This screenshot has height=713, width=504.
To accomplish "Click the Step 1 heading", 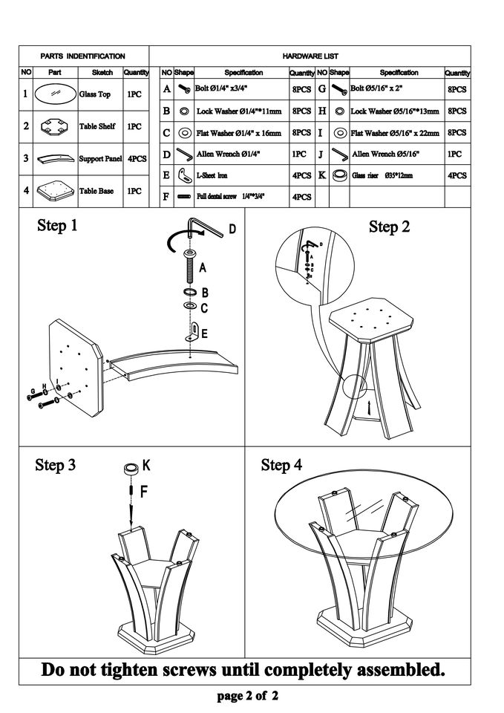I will [x=57, y=226].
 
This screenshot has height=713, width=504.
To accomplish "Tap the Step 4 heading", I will [x=281, y=466].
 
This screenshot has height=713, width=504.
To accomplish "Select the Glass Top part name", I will [x=95, y=95].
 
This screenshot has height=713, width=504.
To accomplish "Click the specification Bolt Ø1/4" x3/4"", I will [x=223, y=89].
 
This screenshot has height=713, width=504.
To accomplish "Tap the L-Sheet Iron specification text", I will [x=212, y=176].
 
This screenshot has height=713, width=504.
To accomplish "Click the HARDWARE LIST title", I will [x=310, y=56].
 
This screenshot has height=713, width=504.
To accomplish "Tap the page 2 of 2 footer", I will [x=248, y=697].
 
